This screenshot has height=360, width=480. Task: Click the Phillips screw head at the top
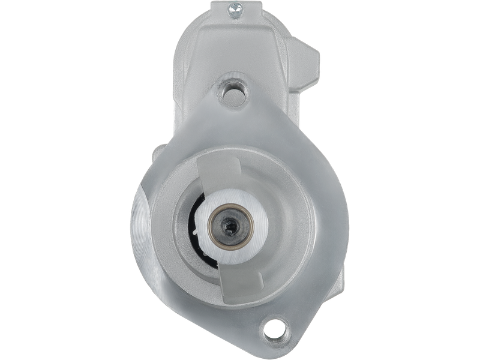click(233, 8)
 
